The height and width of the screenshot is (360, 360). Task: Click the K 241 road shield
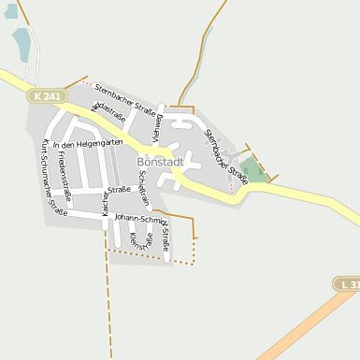[50, 95]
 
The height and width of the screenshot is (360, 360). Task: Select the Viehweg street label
[159, 126]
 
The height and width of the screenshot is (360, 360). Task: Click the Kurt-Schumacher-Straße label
[55, 178]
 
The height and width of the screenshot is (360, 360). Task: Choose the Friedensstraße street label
[78, 175]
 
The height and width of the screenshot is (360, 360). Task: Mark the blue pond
[22, 43]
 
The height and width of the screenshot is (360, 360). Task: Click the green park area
[252, 170]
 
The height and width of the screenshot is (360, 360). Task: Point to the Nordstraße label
[108, 112]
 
